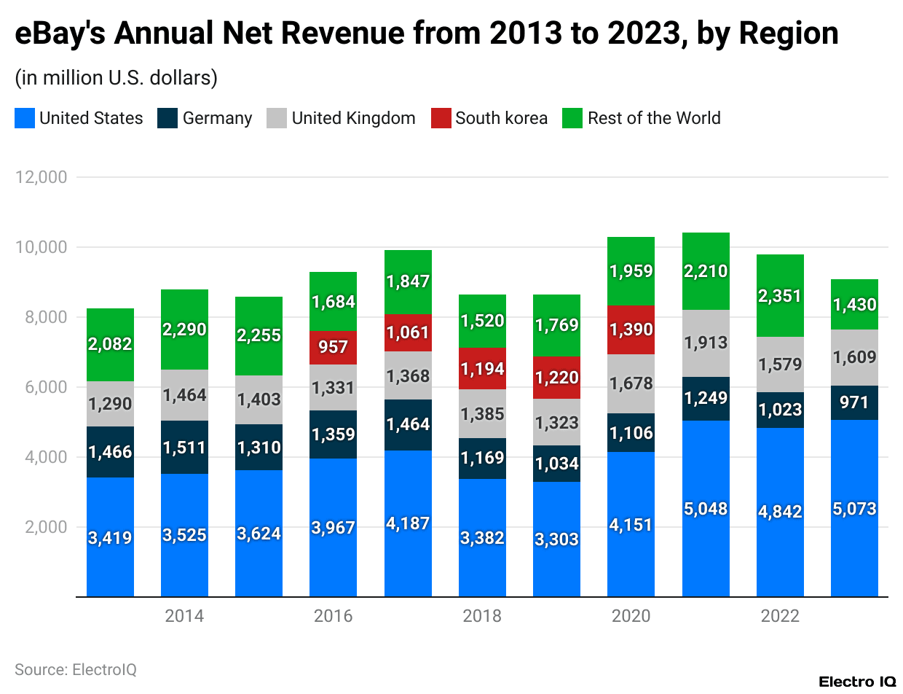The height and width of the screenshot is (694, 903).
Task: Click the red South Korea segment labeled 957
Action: (333, 347)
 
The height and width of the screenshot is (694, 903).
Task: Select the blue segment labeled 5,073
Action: (854, 508)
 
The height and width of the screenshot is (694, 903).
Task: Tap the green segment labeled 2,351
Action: (780, 296)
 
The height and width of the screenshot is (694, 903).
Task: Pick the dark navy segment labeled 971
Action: (854, 402)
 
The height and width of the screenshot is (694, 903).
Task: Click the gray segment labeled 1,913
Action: (706, 343)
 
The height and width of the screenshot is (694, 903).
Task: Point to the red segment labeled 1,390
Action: (631, 330)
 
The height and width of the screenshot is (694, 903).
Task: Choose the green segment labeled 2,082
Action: (110, 344)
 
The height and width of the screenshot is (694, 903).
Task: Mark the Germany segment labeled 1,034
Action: (556, 464)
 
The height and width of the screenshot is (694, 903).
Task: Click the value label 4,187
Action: (408, 523)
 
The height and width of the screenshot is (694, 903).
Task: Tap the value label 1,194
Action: (482, 369)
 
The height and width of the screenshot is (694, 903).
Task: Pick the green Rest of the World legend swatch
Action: (573, 118)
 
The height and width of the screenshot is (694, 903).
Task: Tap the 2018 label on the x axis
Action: (482, 616)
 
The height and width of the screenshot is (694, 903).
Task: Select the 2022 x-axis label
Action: (780, 616)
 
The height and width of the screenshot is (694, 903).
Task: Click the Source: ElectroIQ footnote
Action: (76, 669)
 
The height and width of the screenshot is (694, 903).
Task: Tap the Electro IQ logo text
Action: (856, 682)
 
